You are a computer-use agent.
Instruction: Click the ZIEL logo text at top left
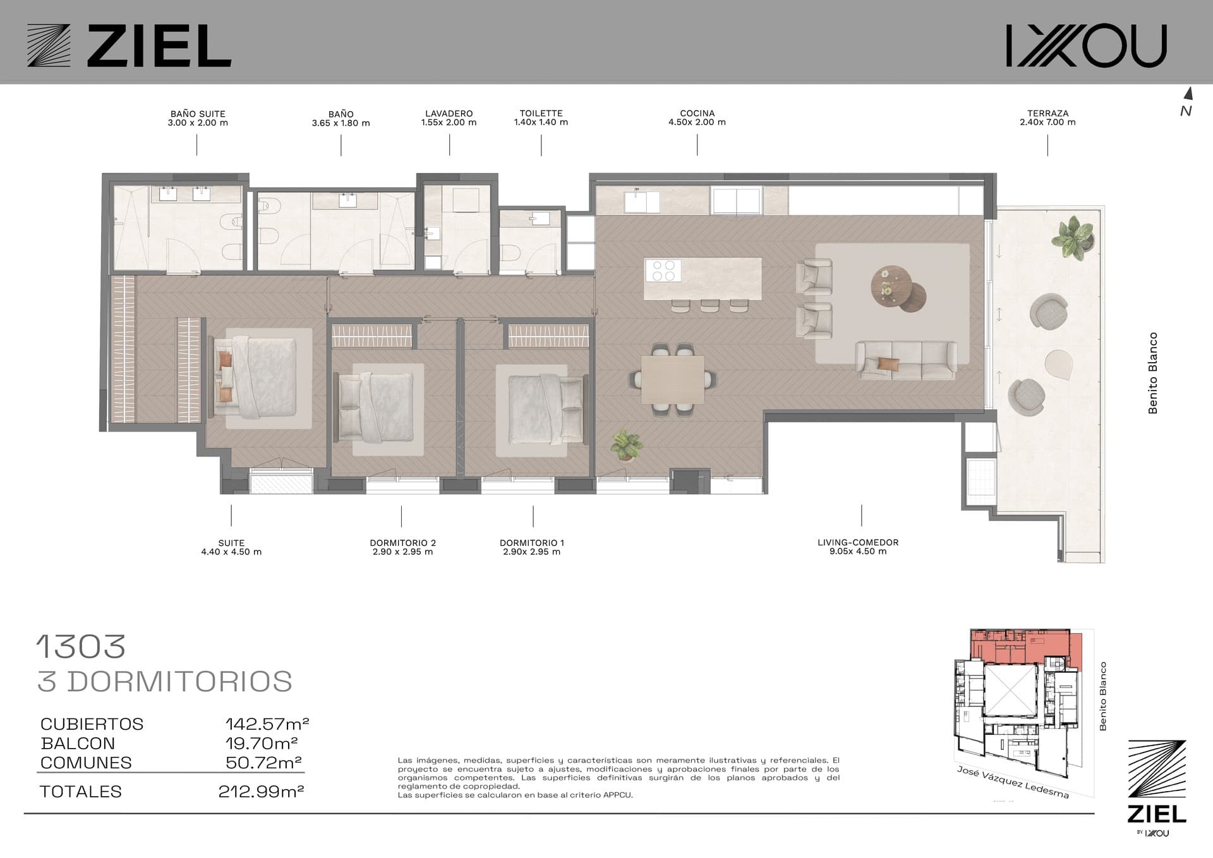click(x=159, y=45)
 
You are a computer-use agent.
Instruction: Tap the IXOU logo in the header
click(x=1086, y=45)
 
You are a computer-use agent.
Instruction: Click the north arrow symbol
click(x=1188, y=94)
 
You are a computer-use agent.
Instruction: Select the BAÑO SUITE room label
click(x=198, y=114)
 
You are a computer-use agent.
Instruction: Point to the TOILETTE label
click(x=541, y=114)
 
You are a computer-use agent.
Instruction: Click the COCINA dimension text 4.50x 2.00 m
click(x=697, y=123)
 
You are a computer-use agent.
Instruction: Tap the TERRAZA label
click(x=1047, y=114)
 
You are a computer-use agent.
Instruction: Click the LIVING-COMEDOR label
click(x=858, y=542)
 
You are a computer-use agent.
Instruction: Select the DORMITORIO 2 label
click(x=403, y=543)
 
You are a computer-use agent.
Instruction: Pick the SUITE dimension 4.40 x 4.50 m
click(x=231, y=552)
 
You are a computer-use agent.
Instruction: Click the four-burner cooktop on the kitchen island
click(x=662, y=270)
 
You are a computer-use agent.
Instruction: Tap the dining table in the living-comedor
click(x=673, y=379)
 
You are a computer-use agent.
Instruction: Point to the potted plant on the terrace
click(x=1073, y=237)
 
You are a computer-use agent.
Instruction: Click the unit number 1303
click(x=81, y=646)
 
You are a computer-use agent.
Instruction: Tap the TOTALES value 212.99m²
click(x=261, y=791)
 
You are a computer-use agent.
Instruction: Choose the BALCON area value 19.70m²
click(x=262, y=743)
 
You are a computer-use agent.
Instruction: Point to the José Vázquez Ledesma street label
click(x=1013, y=782)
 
